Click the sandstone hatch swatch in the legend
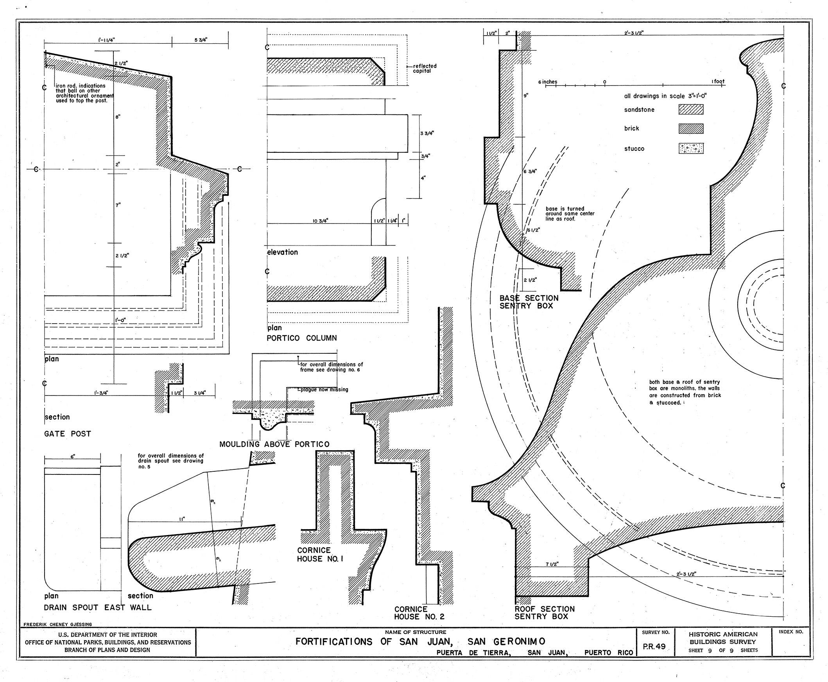pos(690,109)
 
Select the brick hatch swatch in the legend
pos(690,129)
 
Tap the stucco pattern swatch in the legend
pos(690,148)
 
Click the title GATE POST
pos(68,434)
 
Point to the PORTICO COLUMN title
pos(301,338)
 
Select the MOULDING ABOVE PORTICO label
pos(274,444)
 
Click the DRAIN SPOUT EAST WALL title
pos(97,607)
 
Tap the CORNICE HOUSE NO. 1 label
pos(320,555)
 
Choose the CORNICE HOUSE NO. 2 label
pos(419,613)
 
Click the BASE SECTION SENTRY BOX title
pos(529,302)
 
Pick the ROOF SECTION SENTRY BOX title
pos(544,612)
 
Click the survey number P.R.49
pos(654,646)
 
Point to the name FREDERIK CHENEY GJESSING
pos(57,624)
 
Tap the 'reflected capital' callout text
pos(425,68)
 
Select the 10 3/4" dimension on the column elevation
pos(320,221)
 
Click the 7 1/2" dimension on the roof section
pos(552,564)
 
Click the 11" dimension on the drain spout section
pos(182,519)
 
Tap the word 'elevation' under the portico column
pos(282,252)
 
